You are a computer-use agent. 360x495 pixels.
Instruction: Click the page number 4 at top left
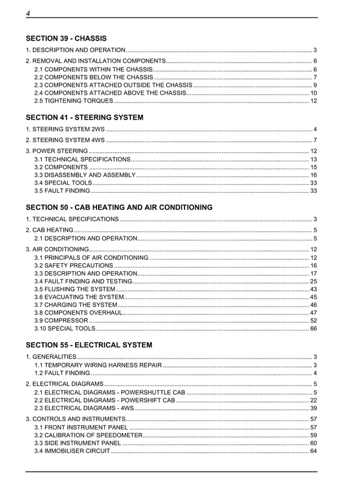[28, 13]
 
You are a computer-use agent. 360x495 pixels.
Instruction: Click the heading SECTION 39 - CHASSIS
[66, 38]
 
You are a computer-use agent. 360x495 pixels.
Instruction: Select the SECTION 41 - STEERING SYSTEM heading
[85, 117]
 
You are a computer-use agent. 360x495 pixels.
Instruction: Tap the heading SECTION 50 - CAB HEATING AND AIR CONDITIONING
[119, 207]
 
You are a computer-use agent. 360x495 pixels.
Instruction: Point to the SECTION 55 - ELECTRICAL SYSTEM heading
[89, 344]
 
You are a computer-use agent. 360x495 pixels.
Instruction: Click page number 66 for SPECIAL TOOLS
[313, 328]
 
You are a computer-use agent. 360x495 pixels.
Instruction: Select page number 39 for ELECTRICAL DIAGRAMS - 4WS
[313, 408]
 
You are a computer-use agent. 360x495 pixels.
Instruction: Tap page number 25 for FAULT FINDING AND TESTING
[313, 281]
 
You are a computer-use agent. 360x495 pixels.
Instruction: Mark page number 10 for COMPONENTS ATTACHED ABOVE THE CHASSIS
[313, 93]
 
